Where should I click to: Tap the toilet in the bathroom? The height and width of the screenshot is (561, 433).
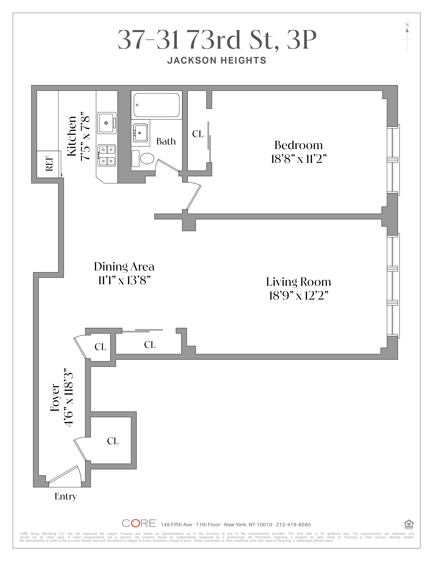(143, 158)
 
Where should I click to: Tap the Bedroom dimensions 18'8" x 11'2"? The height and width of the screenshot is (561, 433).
(299, 159)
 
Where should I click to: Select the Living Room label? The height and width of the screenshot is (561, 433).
(299, 282)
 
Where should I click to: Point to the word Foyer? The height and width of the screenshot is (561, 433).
(55, 397)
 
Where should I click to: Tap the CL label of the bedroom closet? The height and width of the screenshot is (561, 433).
(198, 134)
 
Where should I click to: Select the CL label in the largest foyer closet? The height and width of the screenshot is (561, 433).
(113, 441)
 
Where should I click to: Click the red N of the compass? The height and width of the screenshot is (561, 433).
(407, 25)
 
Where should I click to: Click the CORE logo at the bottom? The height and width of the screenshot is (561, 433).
(139, 523)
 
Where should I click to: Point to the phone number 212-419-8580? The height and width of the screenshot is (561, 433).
(293, 525)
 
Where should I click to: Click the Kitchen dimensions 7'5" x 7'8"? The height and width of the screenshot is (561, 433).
(85, 136)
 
